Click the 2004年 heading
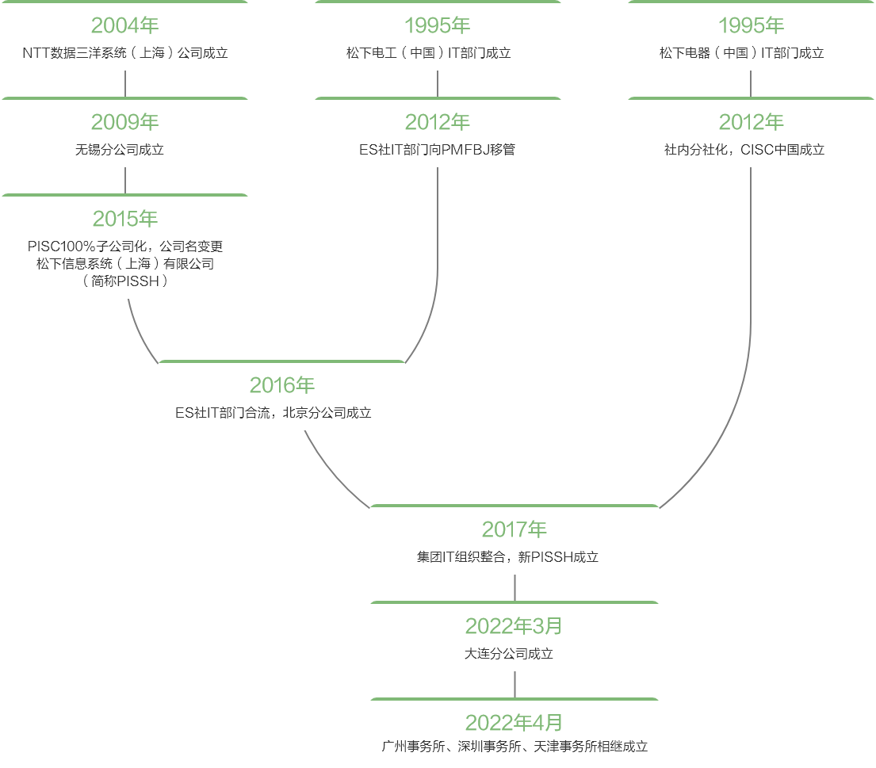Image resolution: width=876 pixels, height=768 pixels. (x=125, y=25)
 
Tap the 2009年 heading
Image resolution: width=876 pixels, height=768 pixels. (x=125, y=122)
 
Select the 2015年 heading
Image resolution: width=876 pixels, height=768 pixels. (x=125, y=219)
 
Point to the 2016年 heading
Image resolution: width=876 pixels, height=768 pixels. (x=282, y=385)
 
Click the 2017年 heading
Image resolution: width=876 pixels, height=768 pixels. (x=515, y=529)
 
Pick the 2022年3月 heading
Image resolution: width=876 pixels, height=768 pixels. (x=514, y=626)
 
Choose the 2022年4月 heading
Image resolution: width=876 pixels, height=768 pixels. (x=514, y=723)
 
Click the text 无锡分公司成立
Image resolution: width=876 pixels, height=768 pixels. (x=125, y=149)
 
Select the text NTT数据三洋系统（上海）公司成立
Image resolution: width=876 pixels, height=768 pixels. (x=125, y=53)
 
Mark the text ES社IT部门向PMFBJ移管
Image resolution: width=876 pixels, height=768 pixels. (x=437, y=149)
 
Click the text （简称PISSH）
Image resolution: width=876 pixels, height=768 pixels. (x=125, y=281)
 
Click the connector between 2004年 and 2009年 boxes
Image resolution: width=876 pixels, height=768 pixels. (x=125, y=85)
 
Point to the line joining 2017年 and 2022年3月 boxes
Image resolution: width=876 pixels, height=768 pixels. (x=515, y=587)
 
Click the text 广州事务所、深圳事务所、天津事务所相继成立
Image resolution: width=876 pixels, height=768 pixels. (x=515, y=747)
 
